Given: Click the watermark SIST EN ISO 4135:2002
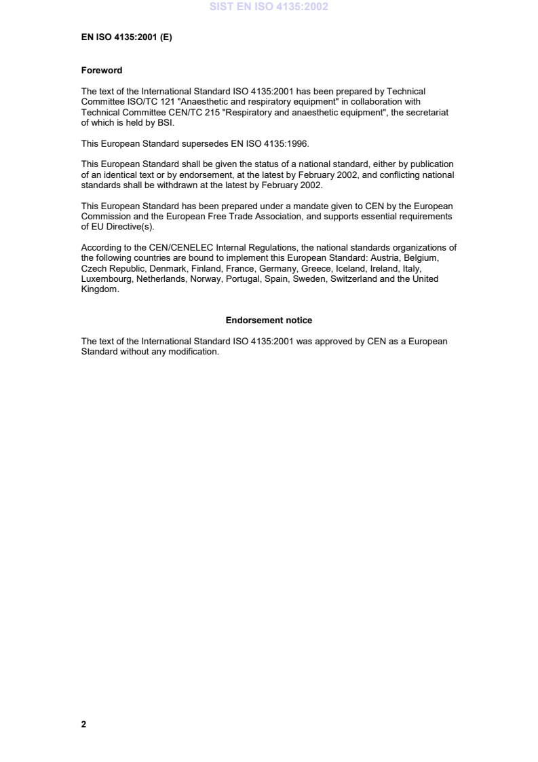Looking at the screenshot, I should click(x=269, y=7).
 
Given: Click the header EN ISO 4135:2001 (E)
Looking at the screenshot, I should click(x=126, y=37).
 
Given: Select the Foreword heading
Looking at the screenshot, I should click(x=102, y=70).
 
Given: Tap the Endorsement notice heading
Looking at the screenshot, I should click(x=269, y=320).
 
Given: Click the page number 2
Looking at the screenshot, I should click(x=83, y=724).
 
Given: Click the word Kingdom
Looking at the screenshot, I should click(x=99, y=289).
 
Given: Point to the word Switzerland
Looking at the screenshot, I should click(x=353, y=279).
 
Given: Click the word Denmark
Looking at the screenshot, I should click(x=167, y=268).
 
